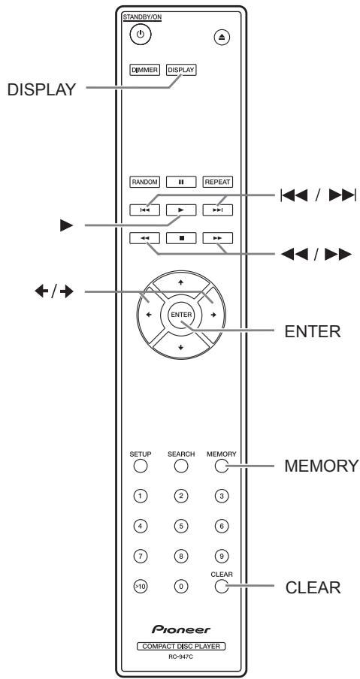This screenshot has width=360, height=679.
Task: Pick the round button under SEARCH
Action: tap(180, 467)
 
